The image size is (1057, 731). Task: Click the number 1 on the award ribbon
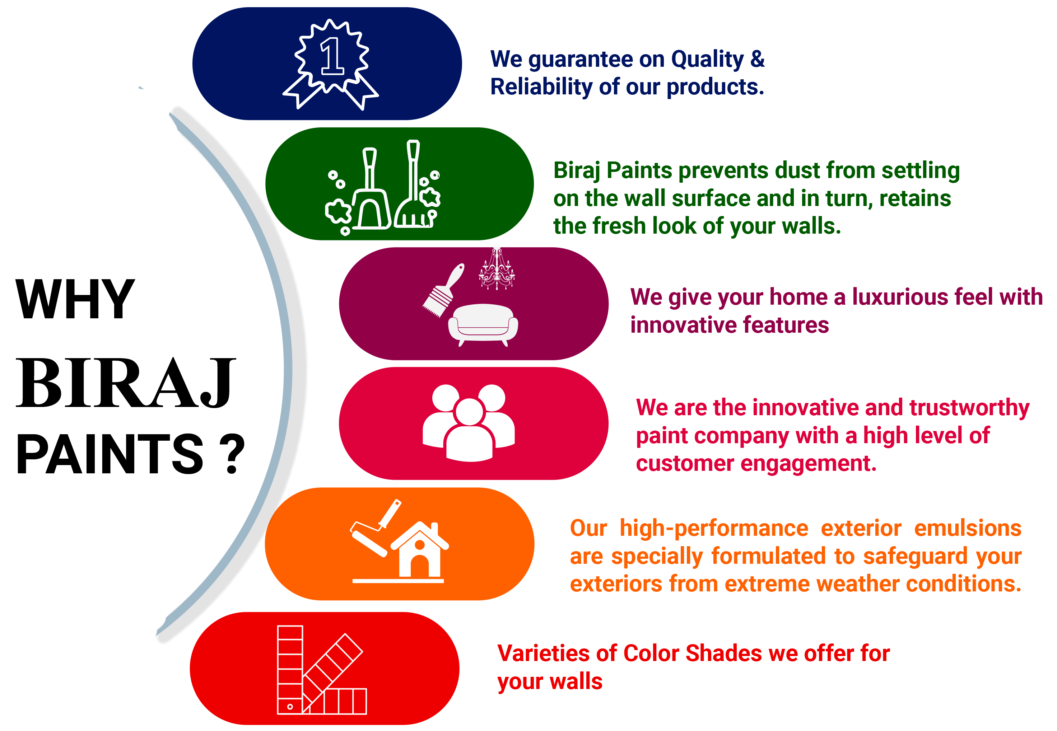coord(332,56)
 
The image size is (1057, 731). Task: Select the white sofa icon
coord(483,324)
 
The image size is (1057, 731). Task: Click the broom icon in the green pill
coord(413,188)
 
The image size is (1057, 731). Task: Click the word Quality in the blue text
coord(707,60)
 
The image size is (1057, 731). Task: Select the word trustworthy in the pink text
coord(969,408)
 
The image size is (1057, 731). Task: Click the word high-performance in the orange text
coord(714,529)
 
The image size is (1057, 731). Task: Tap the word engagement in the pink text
coord(808,464)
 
